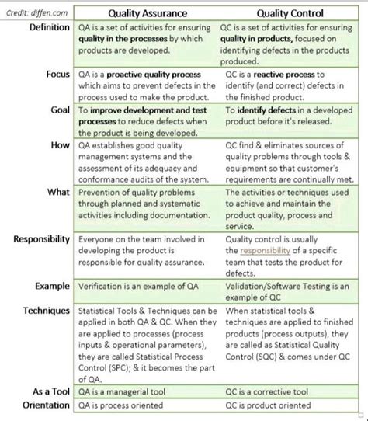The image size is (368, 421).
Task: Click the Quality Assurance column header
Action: point(148,12)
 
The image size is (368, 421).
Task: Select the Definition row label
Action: point(50,27)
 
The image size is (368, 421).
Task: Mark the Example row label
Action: point(53,286)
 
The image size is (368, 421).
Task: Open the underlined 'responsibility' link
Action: point(266,251)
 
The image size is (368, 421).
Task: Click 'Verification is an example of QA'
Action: point(138,287)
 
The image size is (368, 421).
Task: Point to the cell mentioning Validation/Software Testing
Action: point(284,291)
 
